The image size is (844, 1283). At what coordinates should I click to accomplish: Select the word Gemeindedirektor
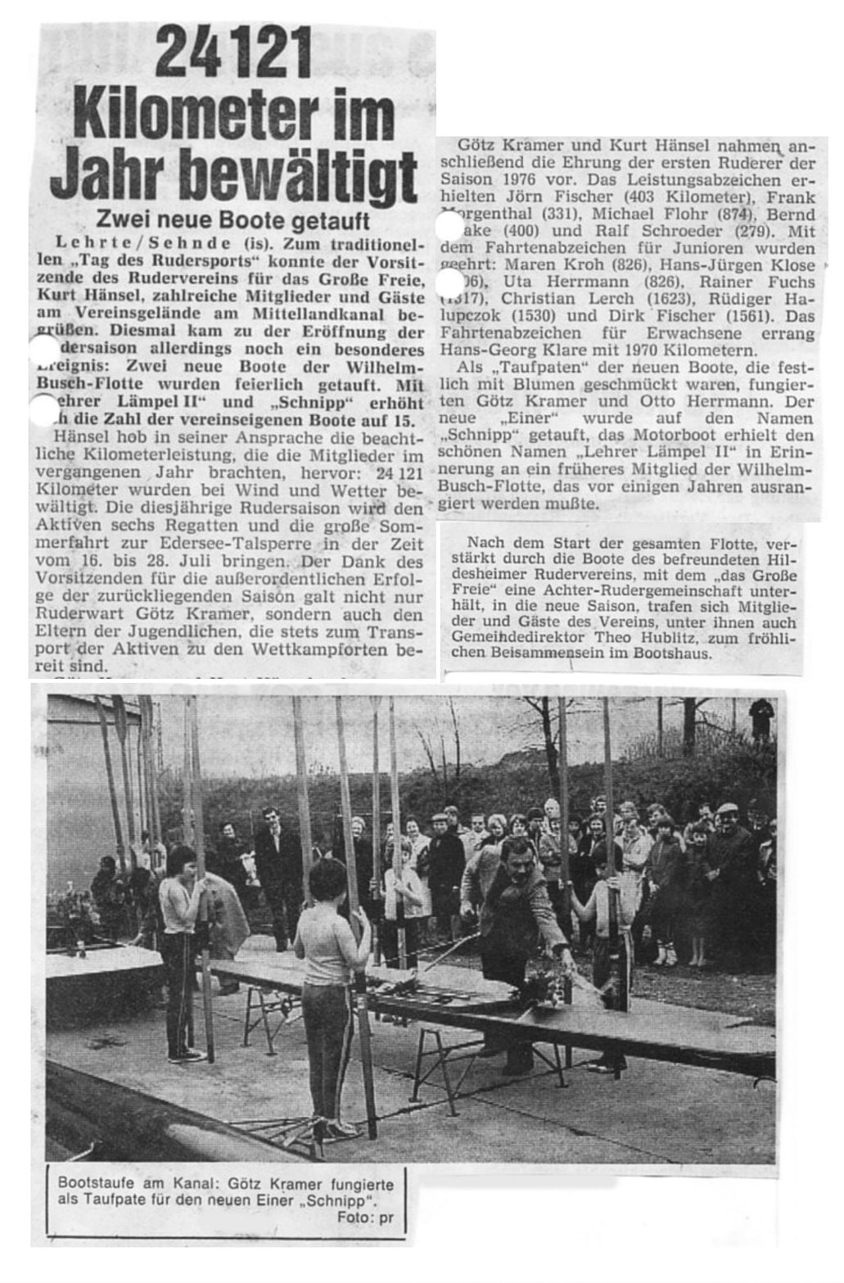[x=516, y=635]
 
